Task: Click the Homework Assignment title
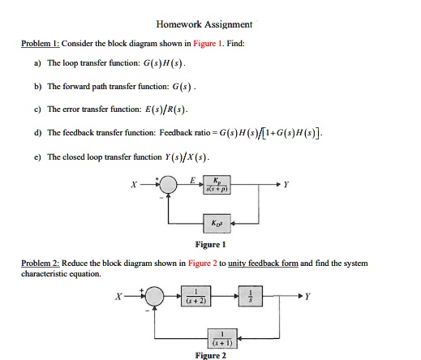coord(204,24)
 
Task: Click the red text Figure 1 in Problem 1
coord(208,43)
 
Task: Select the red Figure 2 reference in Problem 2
coord(203,263)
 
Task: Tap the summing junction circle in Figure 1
coord(168,184)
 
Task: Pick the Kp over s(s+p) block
coord(217,185)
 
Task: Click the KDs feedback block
coord(217,224)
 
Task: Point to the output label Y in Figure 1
coord(286,185)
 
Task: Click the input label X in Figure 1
coord(134,185)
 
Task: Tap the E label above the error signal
coord(192,180)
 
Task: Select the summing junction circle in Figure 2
coord(154,296)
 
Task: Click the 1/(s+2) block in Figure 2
coord(196,296)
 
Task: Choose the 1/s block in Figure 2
coord(251,296)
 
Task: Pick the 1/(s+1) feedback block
coord(222,338)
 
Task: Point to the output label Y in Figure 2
coord(307,297)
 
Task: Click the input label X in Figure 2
coord(118,297)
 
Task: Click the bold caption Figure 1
coord(210,245)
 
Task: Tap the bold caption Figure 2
coord(211,355)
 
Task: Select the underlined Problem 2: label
coord(41,263)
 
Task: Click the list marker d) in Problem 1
coord(38,133)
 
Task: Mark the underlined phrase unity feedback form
coord(263,263)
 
